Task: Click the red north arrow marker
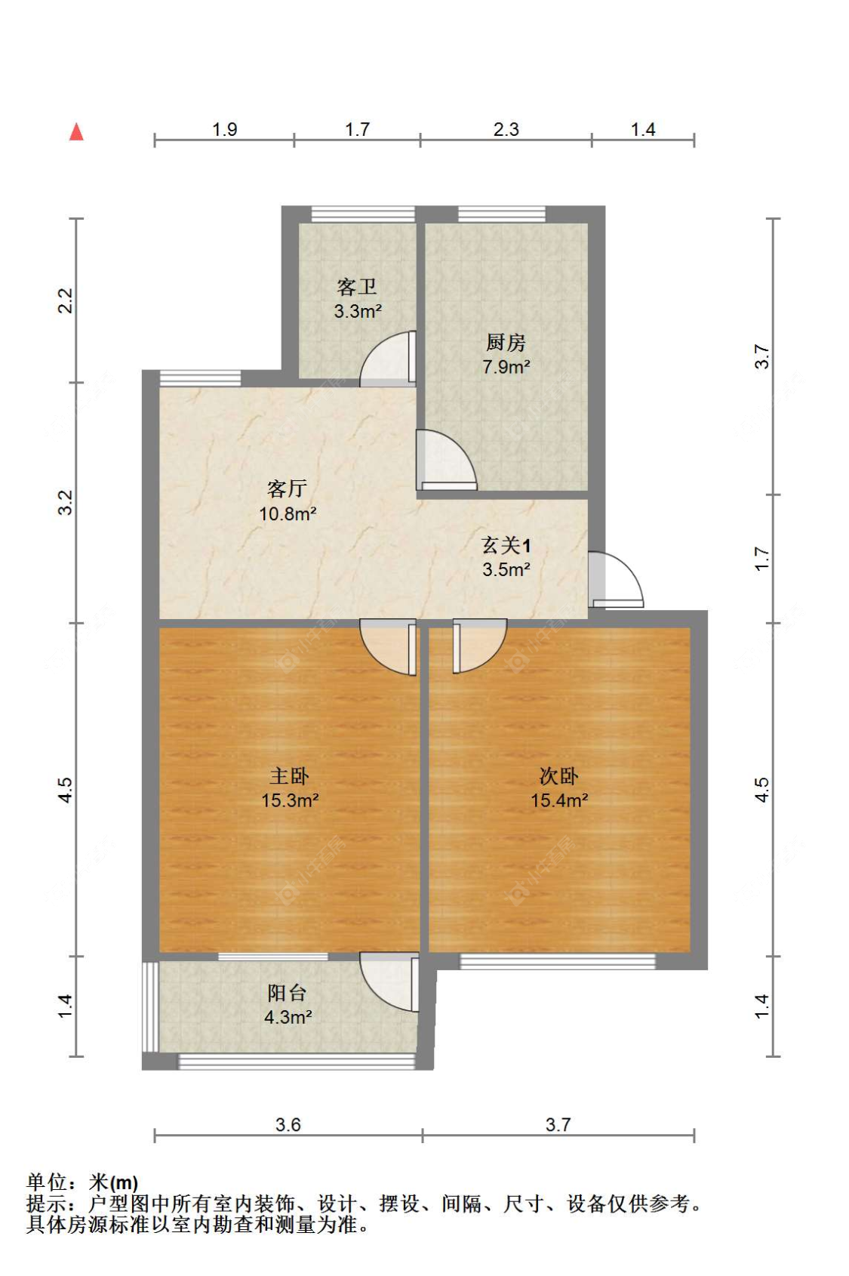(76, 132)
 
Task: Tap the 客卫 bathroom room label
(356, 287)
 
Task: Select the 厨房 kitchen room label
(506, 343)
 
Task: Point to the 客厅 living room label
(287, 489)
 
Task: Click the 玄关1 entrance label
(506, 545)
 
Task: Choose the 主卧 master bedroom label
(289, 775)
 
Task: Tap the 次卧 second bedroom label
(558, 775)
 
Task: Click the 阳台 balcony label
(287, 993)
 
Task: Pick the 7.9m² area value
(506, 368)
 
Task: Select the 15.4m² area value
(558, 800)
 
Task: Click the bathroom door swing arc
(386, 359)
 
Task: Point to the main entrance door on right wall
(615, 580)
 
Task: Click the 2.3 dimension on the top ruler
(506, 130)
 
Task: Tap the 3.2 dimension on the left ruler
(66, 502)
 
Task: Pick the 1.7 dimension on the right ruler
(762, 559)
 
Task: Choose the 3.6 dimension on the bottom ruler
(288, 1125)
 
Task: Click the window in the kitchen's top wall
(501, 214)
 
